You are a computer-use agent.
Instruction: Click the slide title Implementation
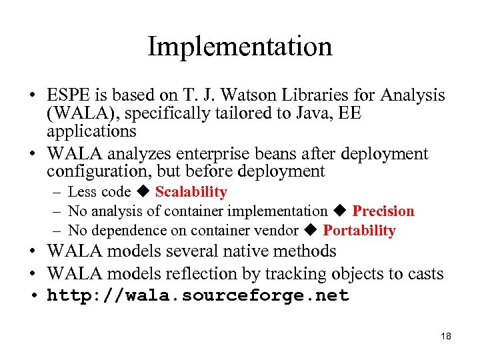pyautogui.click(x=239, y=47)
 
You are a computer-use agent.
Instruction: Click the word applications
pyautogui.click(x=91, y=131)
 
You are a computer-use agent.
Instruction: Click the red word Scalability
pyautogui.click(x=191, y=192)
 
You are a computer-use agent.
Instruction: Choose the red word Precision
pyautogui.click(x=383, y=211)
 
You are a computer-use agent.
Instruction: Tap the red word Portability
pyautogui.click(x=359, y=231)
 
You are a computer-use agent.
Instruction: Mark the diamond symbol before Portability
pyautogui.click(x=311, y=231)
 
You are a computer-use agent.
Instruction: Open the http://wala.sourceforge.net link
pyautogui.click(x=198, y=296)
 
